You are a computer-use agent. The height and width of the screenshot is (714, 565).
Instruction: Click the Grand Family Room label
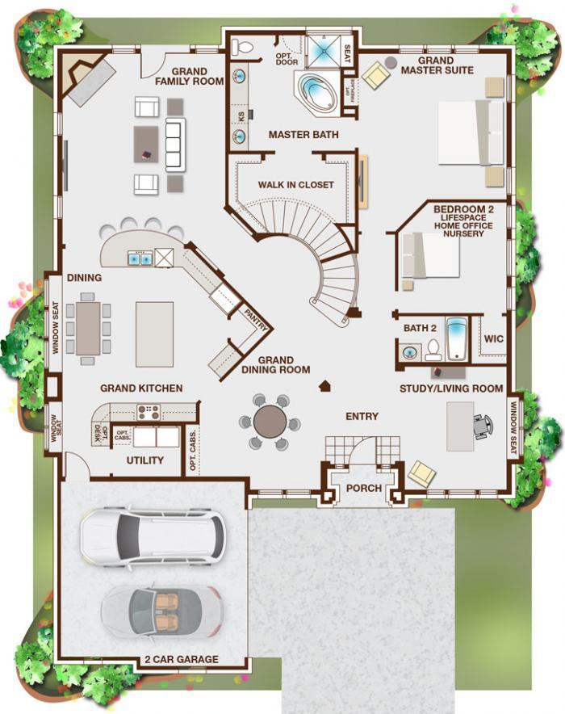190,77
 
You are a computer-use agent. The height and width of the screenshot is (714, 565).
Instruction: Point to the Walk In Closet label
295,185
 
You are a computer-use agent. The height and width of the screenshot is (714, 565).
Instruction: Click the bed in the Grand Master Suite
471,132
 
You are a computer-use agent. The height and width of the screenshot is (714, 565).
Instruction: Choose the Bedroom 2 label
463,209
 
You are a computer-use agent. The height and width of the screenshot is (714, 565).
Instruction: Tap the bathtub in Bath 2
457,338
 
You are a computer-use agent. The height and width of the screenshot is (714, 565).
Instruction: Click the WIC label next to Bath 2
494,338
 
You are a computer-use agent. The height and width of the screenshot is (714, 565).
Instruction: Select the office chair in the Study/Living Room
483,426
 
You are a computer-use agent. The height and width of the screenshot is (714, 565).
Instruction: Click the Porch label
364,488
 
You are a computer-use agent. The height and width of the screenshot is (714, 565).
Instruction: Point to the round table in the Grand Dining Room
270,422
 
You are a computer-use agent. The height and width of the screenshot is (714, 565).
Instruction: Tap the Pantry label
256,320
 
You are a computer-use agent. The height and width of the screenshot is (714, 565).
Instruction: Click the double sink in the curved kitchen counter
139,258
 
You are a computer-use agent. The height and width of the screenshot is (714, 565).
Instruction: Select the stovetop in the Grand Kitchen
149,412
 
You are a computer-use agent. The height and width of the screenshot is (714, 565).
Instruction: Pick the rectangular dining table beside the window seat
88,328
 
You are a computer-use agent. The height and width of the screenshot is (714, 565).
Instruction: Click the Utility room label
144,460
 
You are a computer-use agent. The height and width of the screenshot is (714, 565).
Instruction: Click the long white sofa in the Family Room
176,145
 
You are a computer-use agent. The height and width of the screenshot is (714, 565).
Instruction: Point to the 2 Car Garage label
182,659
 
